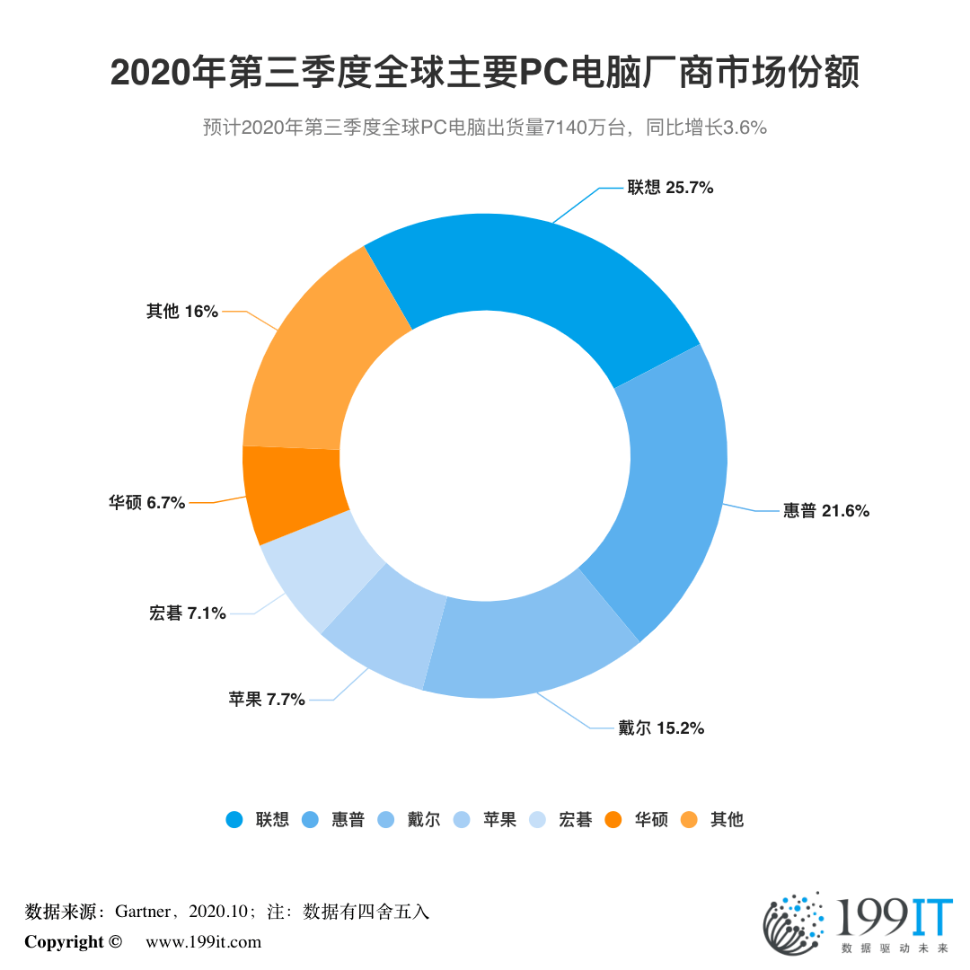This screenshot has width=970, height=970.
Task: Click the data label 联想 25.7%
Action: (x=670, y=188)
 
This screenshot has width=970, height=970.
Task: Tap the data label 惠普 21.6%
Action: (x=825, y=511)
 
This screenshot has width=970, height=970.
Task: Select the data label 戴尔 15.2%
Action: (x=660, y=728)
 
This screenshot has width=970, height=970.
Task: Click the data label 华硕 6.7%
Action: (x=147, y=503)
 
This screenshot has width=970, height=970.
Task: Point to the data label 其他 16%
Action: (x=182, y=312)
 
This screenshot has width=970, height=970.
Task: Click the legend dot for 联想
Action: (x=234, y=819)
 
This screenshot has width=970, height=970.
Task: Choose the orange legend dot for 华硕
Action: (x=613, y=819)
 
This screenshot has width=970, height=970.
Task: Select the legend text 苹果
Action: (x=499, y=819)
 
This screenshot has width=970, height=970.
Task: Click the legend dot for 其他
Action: (x=689, y=819)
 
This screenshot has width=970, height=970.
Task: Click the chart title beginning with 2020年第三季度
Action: (x=485, y=73)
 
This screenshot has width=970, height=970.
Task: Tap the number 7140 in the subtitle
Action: (x=570, y=128)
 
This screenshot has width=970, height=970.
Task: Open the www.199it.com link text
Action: (x=203, y=941)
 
